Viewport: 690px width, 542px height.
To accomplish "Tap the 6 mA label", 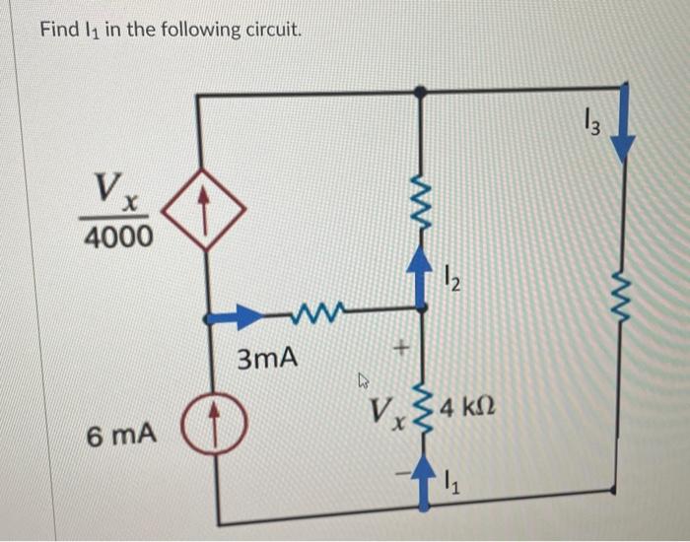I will (x=121, y=434).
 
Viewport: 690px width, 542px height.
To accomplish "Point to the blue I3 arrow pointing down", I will (x=621, y=128).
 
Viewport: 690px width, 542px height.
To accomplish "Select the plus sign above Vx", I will (x=399, y=348).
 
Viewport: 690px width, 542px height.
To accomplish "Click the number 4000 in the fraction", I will (x=117, y=237).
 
